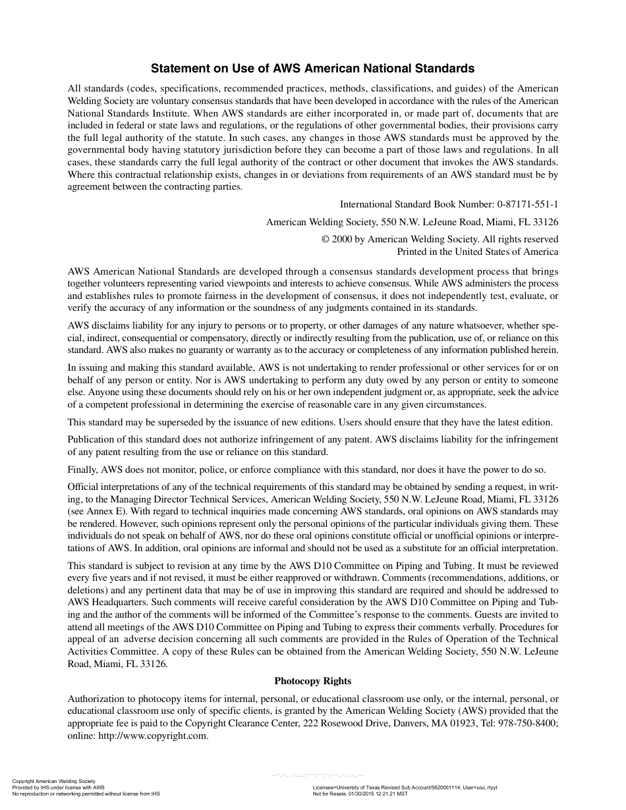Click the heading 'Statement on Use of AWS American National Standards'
[x=312, y=68]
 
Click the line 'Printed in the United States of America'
[x=477, y=252]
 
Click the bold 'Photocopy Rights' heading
[x=312, y=681]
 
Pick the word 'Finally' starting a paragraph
[x=82, y=470]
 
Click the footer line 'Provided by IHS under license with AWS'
[x=59, y=788]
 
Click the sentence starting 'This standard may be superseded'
[x=198, y=422]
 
